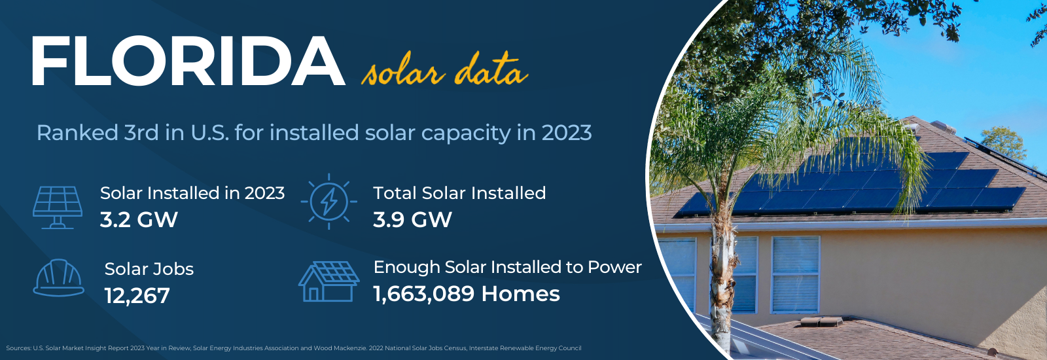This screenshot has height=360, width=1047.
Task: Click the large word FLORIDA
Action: point(188,62)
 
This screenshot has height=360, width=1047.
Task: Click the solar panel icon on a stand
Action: point(58,207)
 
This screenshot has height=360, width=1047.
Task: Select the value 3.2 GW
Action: point(139,219)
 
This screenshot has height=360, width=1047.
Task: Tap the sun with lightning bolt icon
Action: point(329,202)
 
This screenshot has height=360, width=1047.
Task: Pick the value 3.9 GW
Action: point(412,219)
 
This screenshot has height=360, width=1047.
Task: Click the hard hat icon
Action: point(59,278)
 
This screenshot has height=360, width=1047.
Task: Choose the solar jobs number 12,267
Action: point(137,295)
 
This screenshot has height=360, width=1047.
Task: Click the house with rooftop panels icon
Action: point(329,281)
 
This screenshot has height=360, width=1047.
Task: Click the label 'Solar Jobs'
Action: point(149,269)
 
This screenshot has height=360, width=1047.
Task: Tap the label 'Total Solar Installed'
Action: point(459,192)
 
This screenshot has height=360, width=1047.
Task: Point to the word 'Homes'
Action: point(521,294)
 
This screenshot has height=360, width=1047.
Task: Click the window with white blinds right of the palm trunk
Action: point(796,274)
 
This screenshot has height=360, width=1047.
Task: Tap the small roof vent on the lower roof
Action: point(822,321)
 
